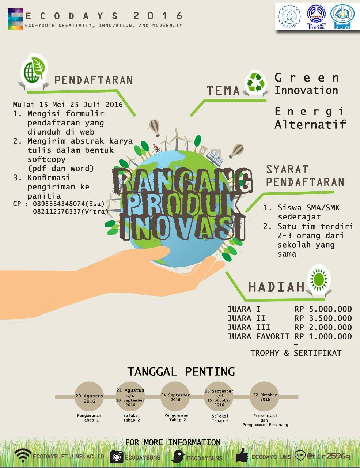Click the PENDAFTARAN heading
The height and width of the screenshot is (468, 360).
tap(94, 80)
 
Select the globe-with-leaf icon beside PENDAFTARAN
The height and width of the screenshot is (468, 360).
tap(34, 71)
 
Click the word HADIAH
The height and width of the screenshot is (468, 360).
tap(276, 287)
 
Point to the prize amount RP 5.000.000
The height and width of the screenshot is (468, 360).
tap(323, 309)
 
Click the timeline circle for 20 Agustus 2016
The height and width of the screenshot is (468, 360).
tap(89, 397)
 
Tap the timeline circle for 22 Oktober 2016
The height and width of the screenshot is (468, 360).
tap(265, 397)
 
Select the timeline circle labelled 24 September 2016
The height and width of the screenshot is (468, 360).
tap(175, 397)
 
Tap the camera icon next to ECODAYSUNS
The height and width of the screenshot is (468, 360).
tap(117, 457)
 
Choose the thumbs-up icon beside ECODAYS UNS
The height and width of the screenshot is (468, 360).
tap(242, 456)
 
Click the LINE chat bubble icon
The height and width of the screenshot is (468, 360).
tap(300, 455)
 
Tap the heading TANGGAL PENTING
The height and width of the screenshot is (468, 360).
tap(181, 372)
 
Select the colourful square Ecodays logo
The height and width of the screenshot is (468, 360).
tap(15, 19)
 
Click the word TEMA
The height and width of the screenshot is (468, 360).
tap(223, 91)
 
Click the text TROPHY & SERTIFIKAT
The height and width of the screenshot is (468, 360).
tap(296, 353)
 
